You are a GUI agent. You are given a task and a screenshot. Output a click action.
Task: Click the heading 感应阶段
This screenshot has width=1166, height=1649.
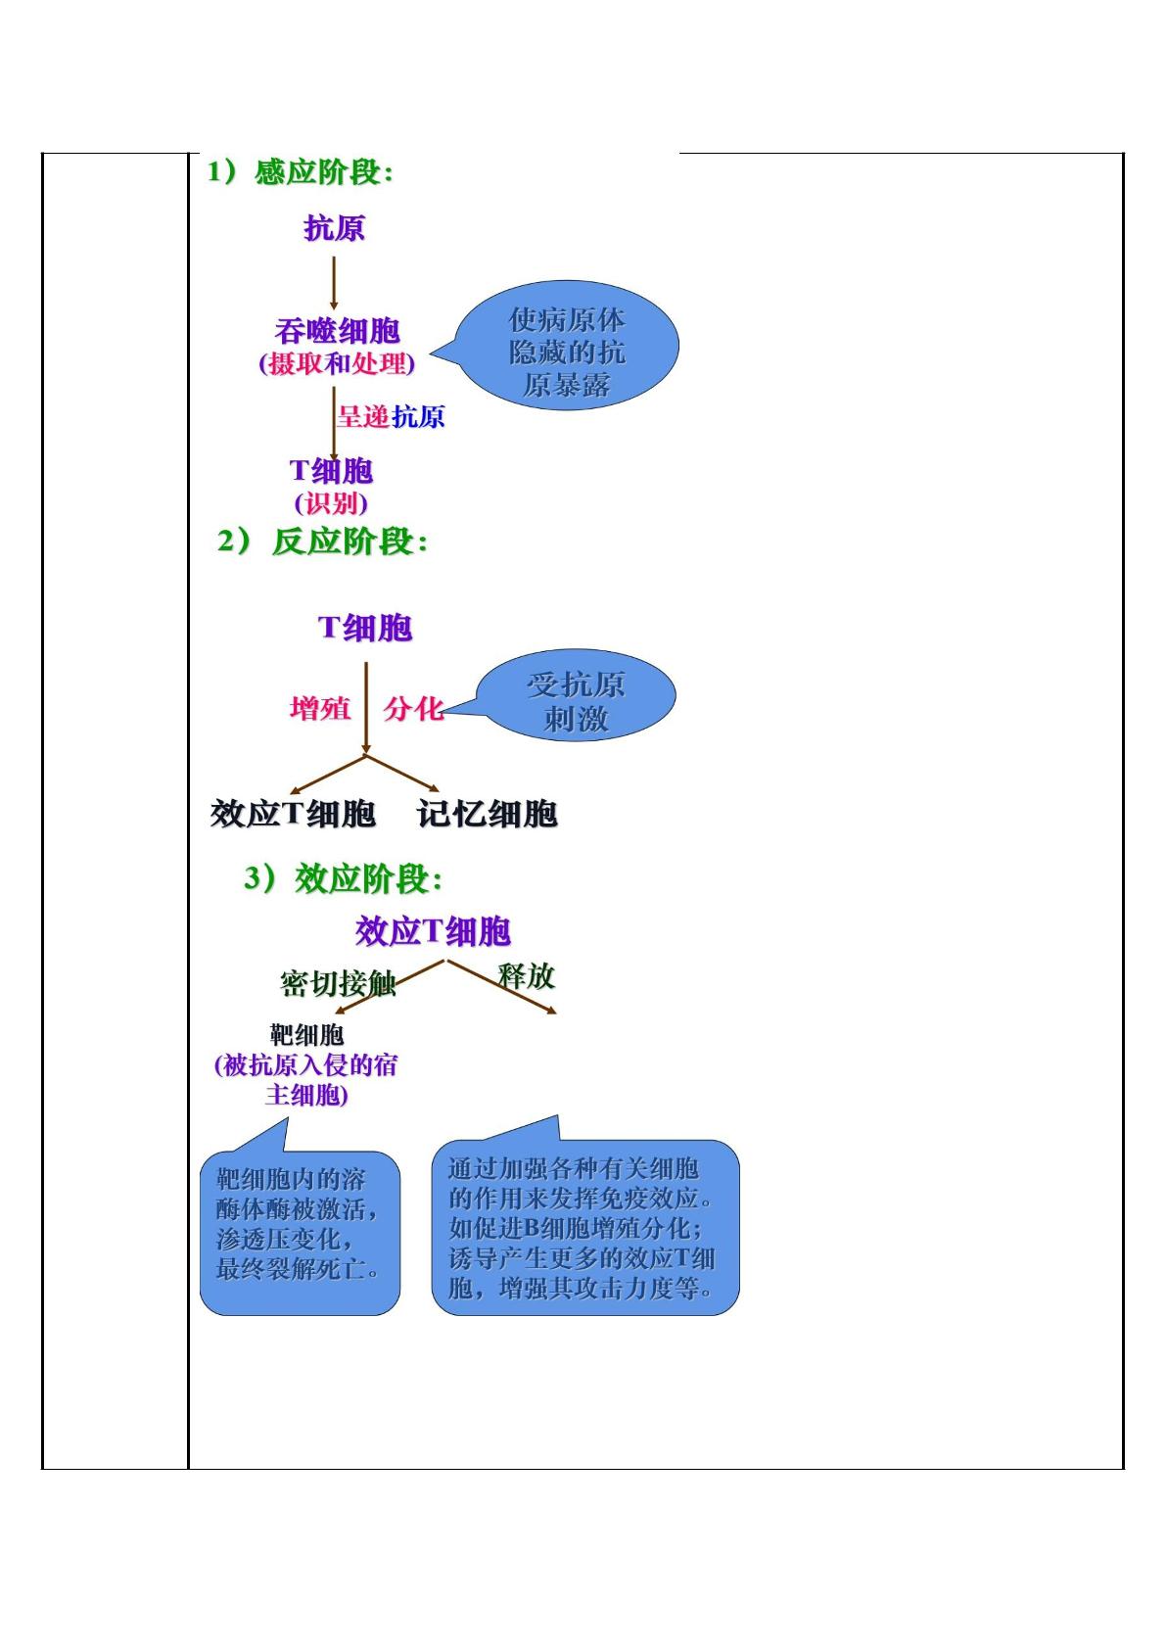[323, 172]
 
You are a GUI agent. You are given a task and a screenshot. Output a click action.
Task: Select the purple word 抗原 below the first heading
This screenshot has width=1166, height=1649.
[334, 228]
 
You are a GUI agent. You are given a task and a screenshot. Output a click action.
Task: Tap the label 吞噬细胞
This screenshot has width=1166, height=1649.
[337, 331]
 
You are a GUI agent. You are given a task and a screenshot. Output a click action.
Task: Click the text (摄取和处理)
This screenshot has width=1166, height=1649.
[337, 363]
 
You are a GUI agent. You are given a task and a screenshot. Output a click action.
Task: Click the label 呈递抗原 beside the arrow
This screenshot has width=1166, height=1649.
[391, 417]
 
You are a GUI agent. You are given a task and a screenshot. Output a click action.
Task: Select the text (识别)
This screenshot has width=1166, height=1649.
[331, 503]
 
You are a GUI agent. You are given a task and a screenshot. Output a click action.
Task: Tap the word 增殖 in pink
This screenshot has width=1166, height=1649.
[320, 708]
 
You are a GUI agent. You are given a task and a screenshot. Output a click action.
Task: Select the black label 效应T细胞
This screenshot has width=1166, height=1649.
[293, 814]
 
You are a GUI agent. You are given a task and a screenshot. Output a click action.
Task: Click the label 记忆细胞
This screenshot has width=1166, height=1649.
[488, 814]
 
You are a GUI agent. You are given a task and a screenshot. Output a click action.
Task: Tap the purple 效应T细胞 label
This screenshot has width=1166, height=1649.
[433, 931]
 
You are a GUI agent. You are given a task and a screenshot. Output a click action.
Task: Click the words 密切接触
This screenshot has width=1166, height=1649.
[339, 983]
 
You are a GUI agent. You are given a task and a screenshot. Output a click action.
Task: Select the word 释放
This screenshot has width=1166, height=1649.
[527, 976]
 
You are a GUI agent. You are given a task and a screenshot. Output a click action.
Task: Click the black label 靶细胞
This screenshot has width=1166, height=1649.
[306, 1035]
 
